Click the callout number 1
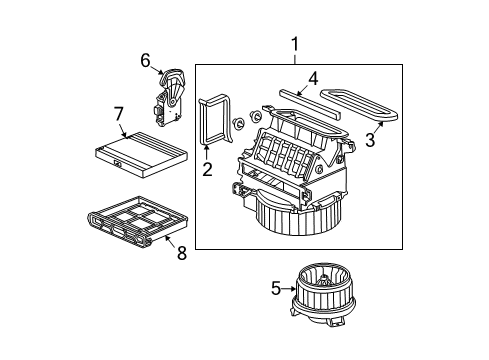pos(296,44)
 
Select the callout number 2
pos(207,169)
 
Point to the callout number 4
pos(313,76)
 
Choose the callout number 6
pos(146,61)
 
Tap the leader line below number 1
pos(296,58)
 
